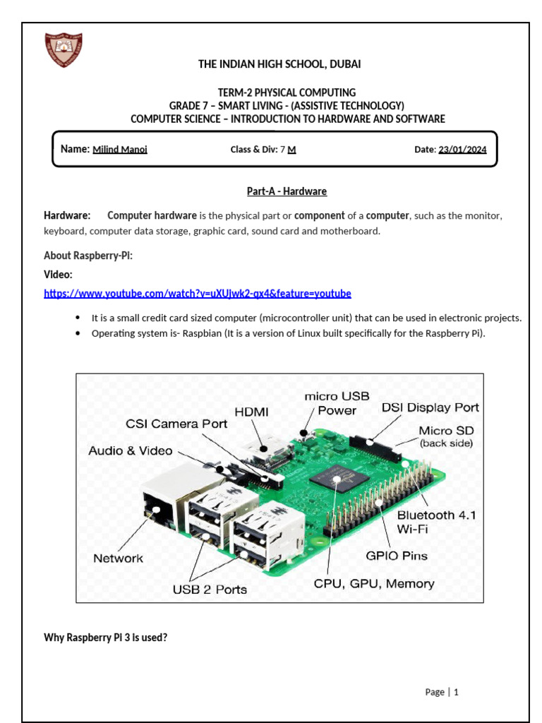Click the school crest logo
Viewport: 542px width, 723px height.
click(x=64, y=50)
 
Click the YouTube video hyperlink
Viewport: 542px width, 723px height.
click(x=197, y=293)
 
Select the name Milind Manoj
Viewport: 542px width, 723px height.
click(x=120, y=150)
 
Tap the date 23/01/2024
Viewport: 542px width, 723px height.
click(x=462, y=150)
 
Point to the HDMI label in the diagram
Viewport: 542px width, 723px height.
click(x=252, y=411)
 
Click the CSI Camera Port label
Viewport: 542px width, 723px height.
click(x=176, y=424)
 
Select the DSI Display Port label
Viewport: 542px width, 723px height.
click(x=430, y=407)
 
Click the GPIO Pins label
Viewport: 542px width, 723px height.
click(x=396, y=556)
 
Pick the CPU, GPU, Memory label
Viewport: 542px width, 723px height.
click(x=374, y=584)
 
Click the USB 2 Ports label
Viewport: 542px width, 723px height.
click(x=210, y=589)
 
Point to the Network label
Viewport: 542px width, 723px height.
click(x=118, y=558)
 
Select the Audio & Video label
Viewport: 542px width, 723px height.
click(x=131, y=450)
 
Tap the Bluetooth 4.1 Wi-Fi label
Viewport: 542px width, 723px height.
click(x=436, y=521)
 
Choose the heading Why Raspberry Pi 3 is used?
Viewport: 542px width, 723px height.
click(x=105, y=638)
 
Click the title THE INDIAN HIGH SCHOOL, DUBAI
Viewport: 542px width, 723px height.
click(x=279, y=64)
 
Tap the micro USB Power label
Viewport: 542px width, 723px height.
click(x=337, y=403)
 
